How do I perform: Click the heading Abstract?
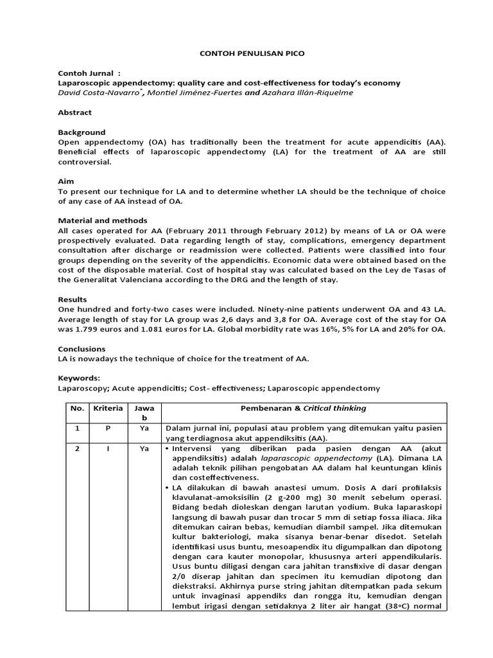click(74, 112)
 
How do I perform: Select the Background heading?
click(82, 132)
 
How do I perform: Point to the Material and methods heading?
click(103, 220)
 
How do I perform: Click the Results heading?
click(72, 299)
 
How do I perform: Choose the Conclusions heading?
click(82, 349)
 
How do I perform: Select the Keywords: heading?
click(80, 378)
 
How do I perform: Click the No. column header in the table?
click(77, 408)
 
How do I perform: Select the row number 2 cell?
click(77, 449)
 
